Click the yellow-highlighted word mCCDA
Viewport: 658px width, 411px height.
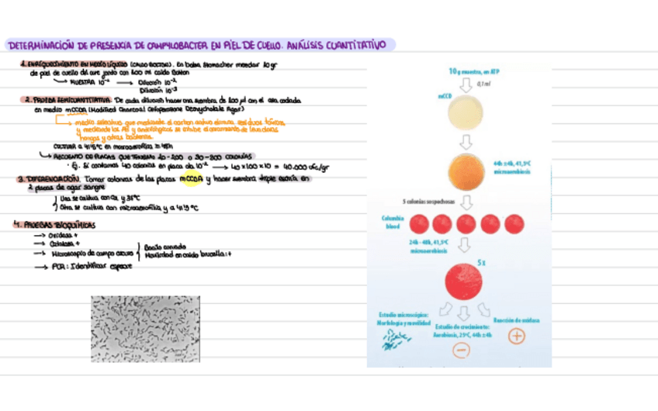point(190,179)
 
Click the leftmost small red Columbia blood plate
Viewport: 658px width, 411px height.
point(419,225)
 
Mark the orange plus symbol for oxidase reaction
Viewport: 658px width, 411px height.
point(516,337)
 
